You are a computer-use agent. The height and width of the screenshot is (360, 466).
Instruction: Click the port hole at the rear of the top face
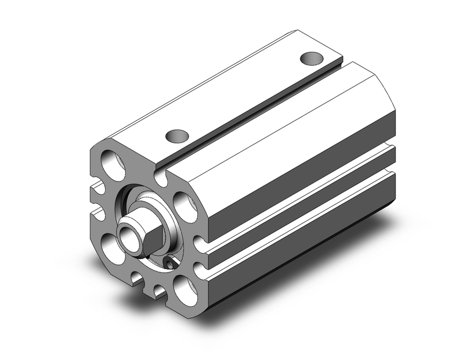[x=311, y=59]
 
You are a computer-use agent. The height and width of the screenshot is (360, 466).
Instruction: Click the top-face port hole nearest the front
[x=178, y=136]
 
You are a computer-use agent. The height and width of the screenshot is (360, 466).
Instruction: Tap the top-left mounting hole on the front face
[x=113, y=166]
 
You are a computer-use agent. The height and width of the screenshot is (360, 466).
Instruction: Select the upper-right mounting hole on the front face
[x=185, y=205]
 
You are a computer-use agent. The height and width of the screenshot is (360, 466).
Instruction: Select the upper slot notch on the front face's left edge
[x=98, y=188]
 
